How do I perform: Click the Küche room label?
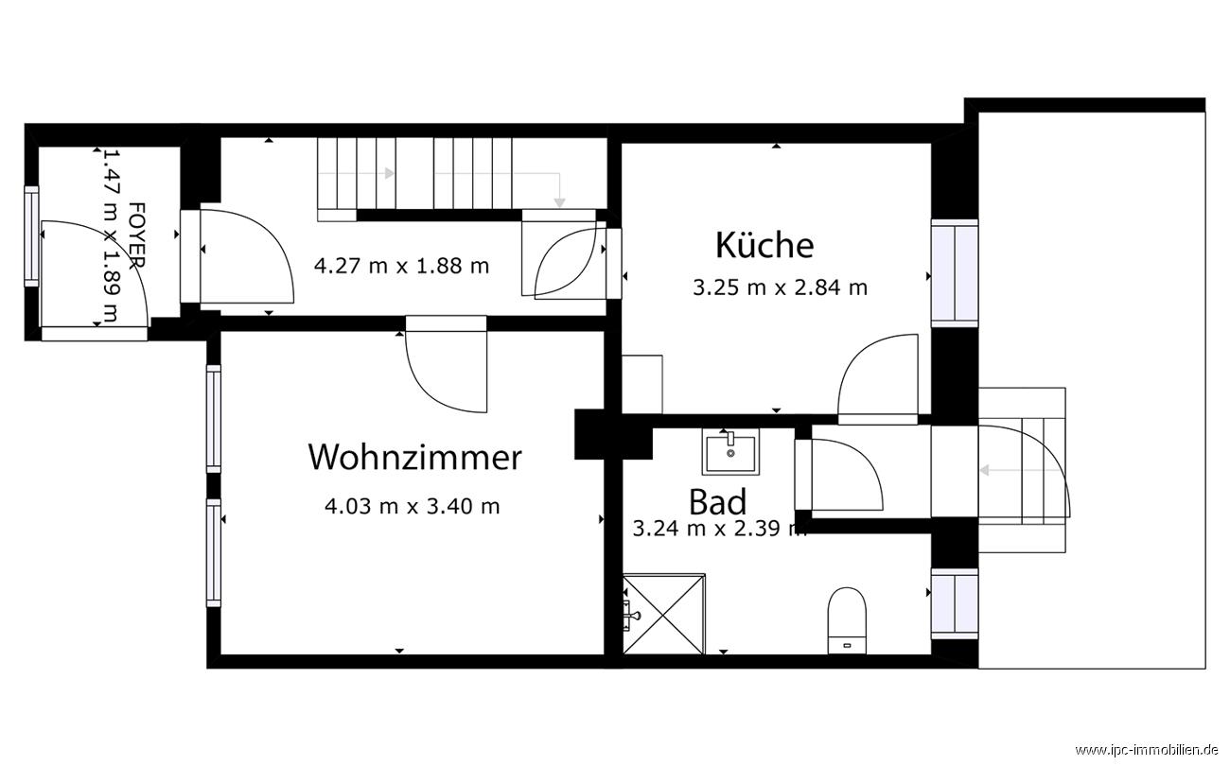(x=764, y=245)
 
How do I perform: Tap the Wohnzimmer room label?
(x=414, y=458)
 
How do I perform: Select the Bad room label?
(x=717, y=501)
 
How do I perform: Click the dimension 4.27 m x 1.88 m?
(x=401, y=266)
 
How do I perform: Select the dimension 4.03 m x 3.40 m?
(x=412, y=507)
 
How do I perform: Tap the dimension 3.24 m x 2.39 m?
(x=719, y=530)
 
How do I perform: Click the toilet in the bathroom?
(x=847, y=619)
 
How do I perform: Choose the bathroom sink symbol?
(x=729, y=451)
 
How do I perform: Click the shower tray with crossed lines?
(x=663, y=614)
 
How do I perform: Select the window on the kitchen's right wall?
(x=954, y=272)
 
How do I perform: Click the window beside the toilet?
(x=954, y=603)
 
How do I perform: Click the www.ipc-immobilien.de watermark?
(x=1149, y=751)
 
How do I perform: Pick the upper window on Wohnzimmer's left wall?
(x=214, y=418)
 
